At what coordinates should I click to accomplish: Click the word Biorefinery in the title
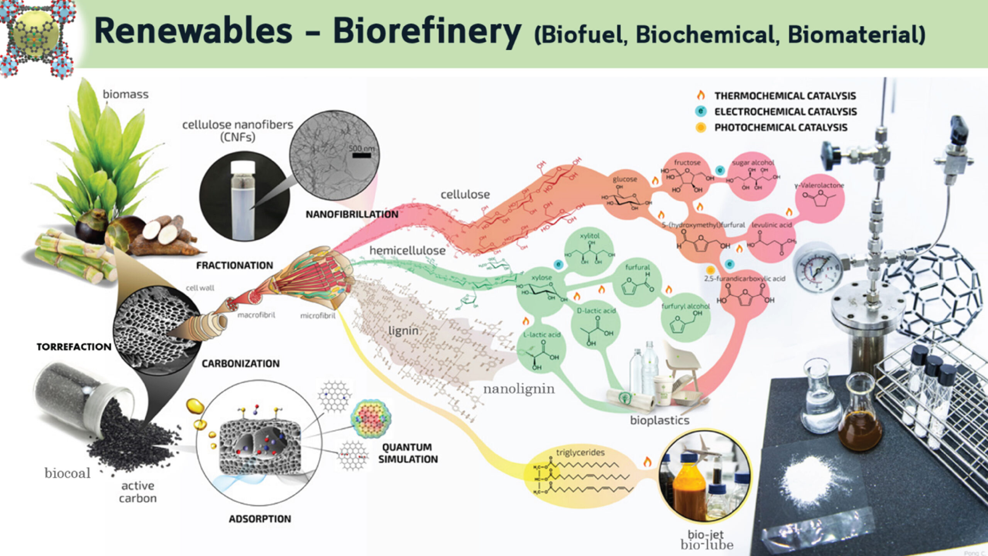tap(426, 32)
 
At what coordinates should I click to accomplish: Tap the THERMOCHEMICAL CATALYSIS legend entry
tap(785, 95)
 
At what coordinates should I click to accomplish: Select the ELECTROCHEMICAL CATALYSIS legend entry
tap(785, 112)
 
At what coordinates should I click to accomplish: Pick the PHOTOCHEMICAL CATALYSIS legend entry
tap(780, 127)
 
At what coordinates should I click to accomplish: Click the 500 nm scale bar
tap(362, 155)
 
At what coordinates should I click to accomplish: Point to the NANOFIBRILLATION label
tap(352, 214)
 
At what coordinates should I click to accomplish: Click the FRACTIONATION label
tap(234, 265)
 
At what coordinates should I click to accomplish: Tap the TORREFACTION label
tap(74, 347)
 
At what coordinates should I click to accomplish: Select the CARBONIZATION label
tap(240, 363)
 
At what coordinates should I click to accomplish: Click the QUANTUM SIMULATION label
tap(408, 453)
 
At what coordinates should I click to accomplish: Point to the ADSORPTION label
tap(260, 519)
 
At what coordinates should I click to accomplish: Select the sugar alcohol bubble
tap(753, 176)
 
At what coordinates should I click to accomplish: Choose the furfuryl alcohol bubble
tap(685, 319)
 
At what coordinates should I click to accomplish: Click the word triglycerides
tap(580, 452)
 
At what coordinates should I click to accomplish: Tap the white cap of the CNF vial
tap(242, 168)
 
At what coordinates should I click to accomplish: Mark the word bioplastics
tap(660, 420)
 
